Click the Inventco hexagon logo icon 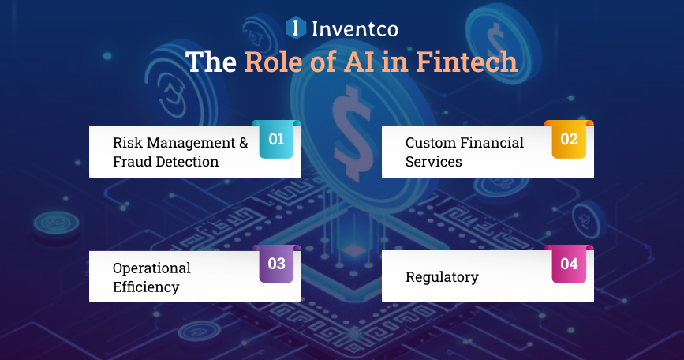295,28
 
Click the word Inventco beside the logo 353,29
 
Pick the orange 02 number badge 569,140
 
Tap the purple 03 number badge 276,264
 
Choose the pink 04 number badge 569,264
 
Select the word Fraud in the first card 132,162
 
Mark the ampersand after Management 243,143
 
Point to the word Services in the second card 433,162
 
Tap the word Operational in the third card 151,268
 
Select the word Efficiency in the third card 146,287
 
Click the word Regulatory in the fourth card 442,277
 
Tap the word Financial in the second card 494,143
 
